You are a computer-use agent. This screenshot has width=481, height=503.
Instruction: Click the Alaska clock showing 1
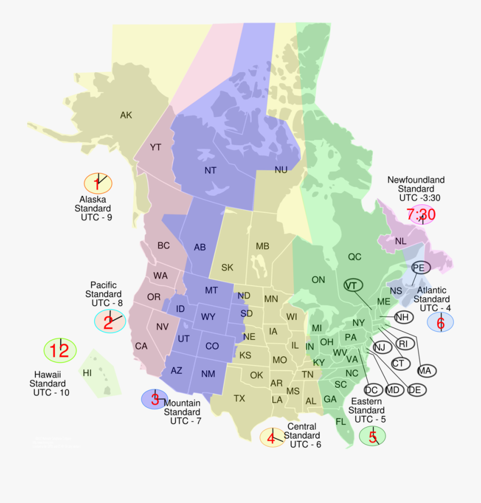pos(98,184)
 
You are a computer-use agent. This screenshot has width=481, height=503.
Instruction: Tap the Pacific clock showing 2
pos(110,322)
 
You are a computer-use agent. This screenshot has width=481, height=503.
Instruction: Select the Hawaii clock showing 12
pos(60,350)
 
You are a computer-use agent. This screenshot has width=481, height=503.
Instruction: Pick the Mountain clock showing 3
pos(154,399)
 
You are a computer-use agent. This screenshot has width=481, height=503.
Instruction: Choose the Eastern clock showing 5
pos(373,436)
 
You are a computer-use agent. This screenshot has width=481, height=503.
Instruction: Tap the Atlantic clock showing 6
pos(440,322)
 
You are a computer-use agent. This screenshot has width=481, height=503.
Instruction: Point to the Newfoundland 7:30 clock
pos(421,215)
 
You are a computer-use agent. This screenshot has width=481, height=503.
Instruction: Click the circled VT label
pos(351,285)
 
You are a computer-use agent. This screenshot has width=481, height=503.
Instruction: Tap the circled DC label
pos(374,390)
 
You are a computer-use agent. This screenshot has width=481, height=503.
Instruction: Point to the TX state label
pos(239,398)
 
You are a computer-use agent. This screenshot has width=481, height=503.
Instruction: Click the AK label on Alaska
pos(126,115)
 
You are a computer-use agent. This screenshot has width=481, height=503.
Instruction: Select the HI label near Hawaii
pos(87,373)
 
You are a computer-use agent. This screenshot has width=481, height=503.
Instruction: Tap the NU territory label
pos(281,170)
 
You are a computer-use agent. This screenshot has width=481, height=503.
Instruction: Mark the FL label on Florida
pos(341,421)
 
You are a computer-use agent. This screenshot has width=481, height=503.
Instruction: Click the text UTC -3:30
pos(420,198)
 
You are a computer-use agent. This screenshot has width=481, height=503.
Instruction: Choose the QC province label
pos(355,257)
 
